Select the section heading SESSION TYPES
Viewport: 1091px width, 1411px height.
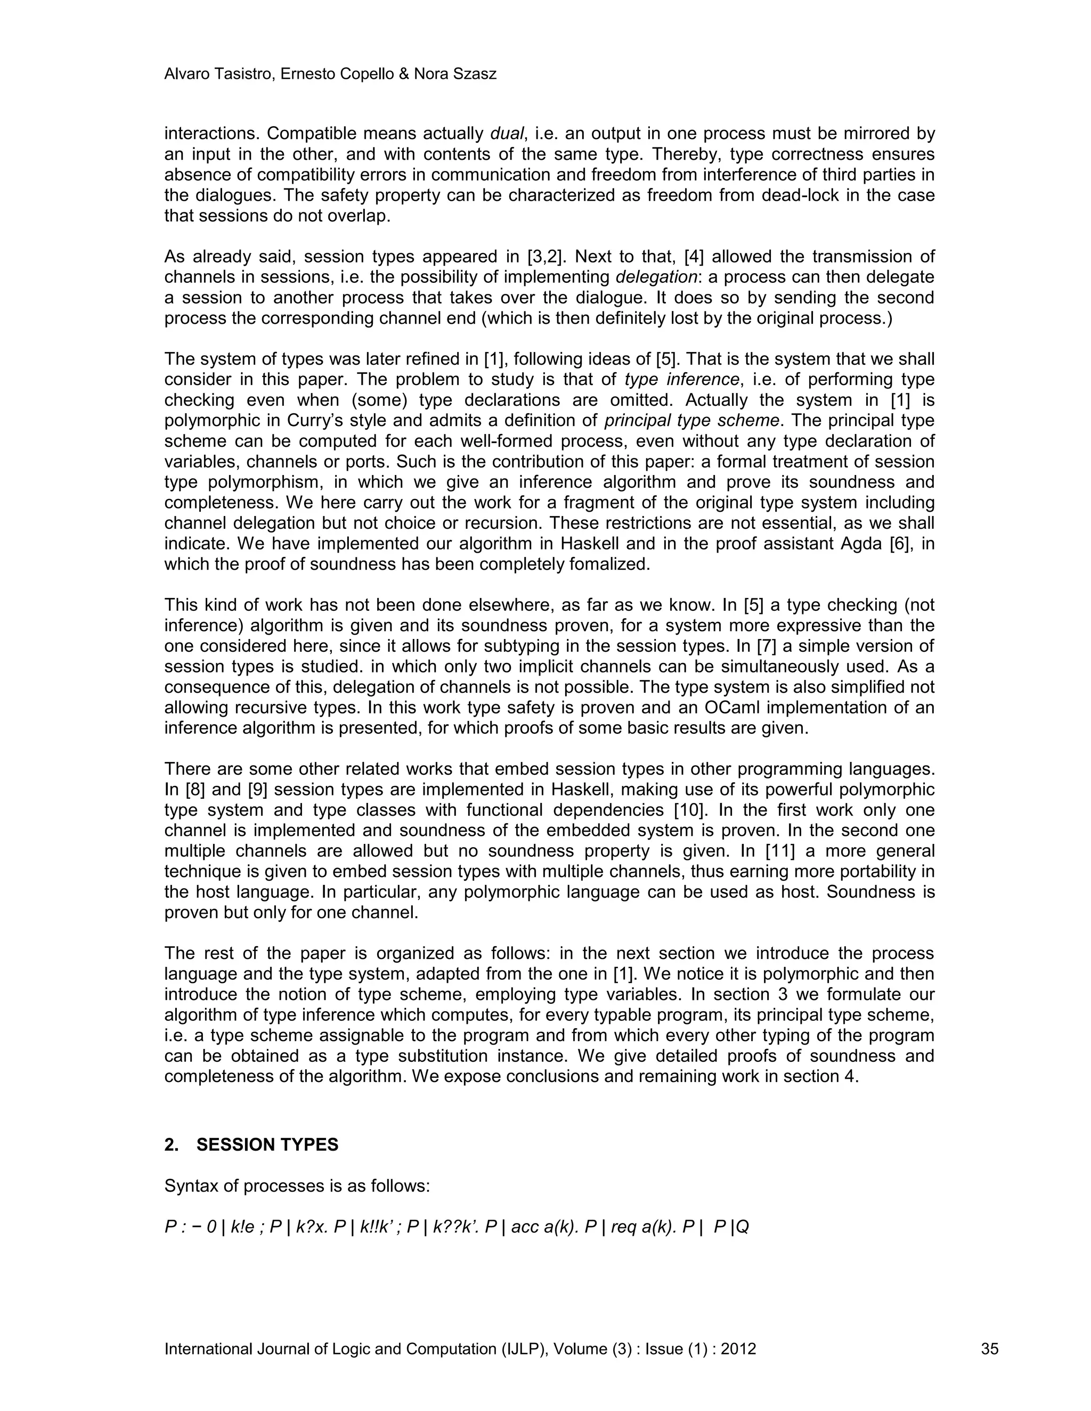pos(267,1145)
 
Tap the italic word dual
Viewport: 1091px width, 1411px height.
pos(507,134)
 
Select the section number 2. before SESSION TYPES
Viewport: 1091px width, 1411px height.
pos(172,1145)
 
